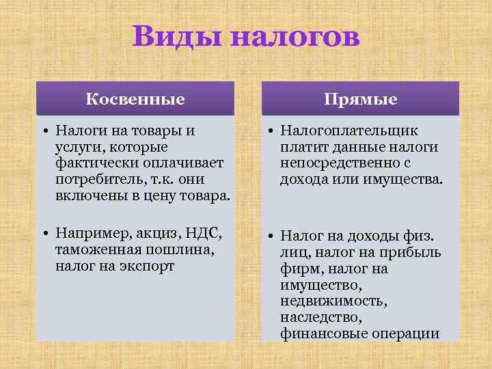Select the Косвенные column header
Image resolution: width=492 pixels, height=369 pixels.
click(x=135, y=99)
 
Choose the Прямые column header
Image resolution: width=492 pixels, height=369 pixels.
click(x=360, y=99)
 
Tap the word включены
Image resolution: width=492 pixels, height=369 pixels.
click(x=87, y=196)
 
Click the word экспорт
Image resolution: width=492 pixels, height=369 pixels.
click(x=149, y=266)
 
